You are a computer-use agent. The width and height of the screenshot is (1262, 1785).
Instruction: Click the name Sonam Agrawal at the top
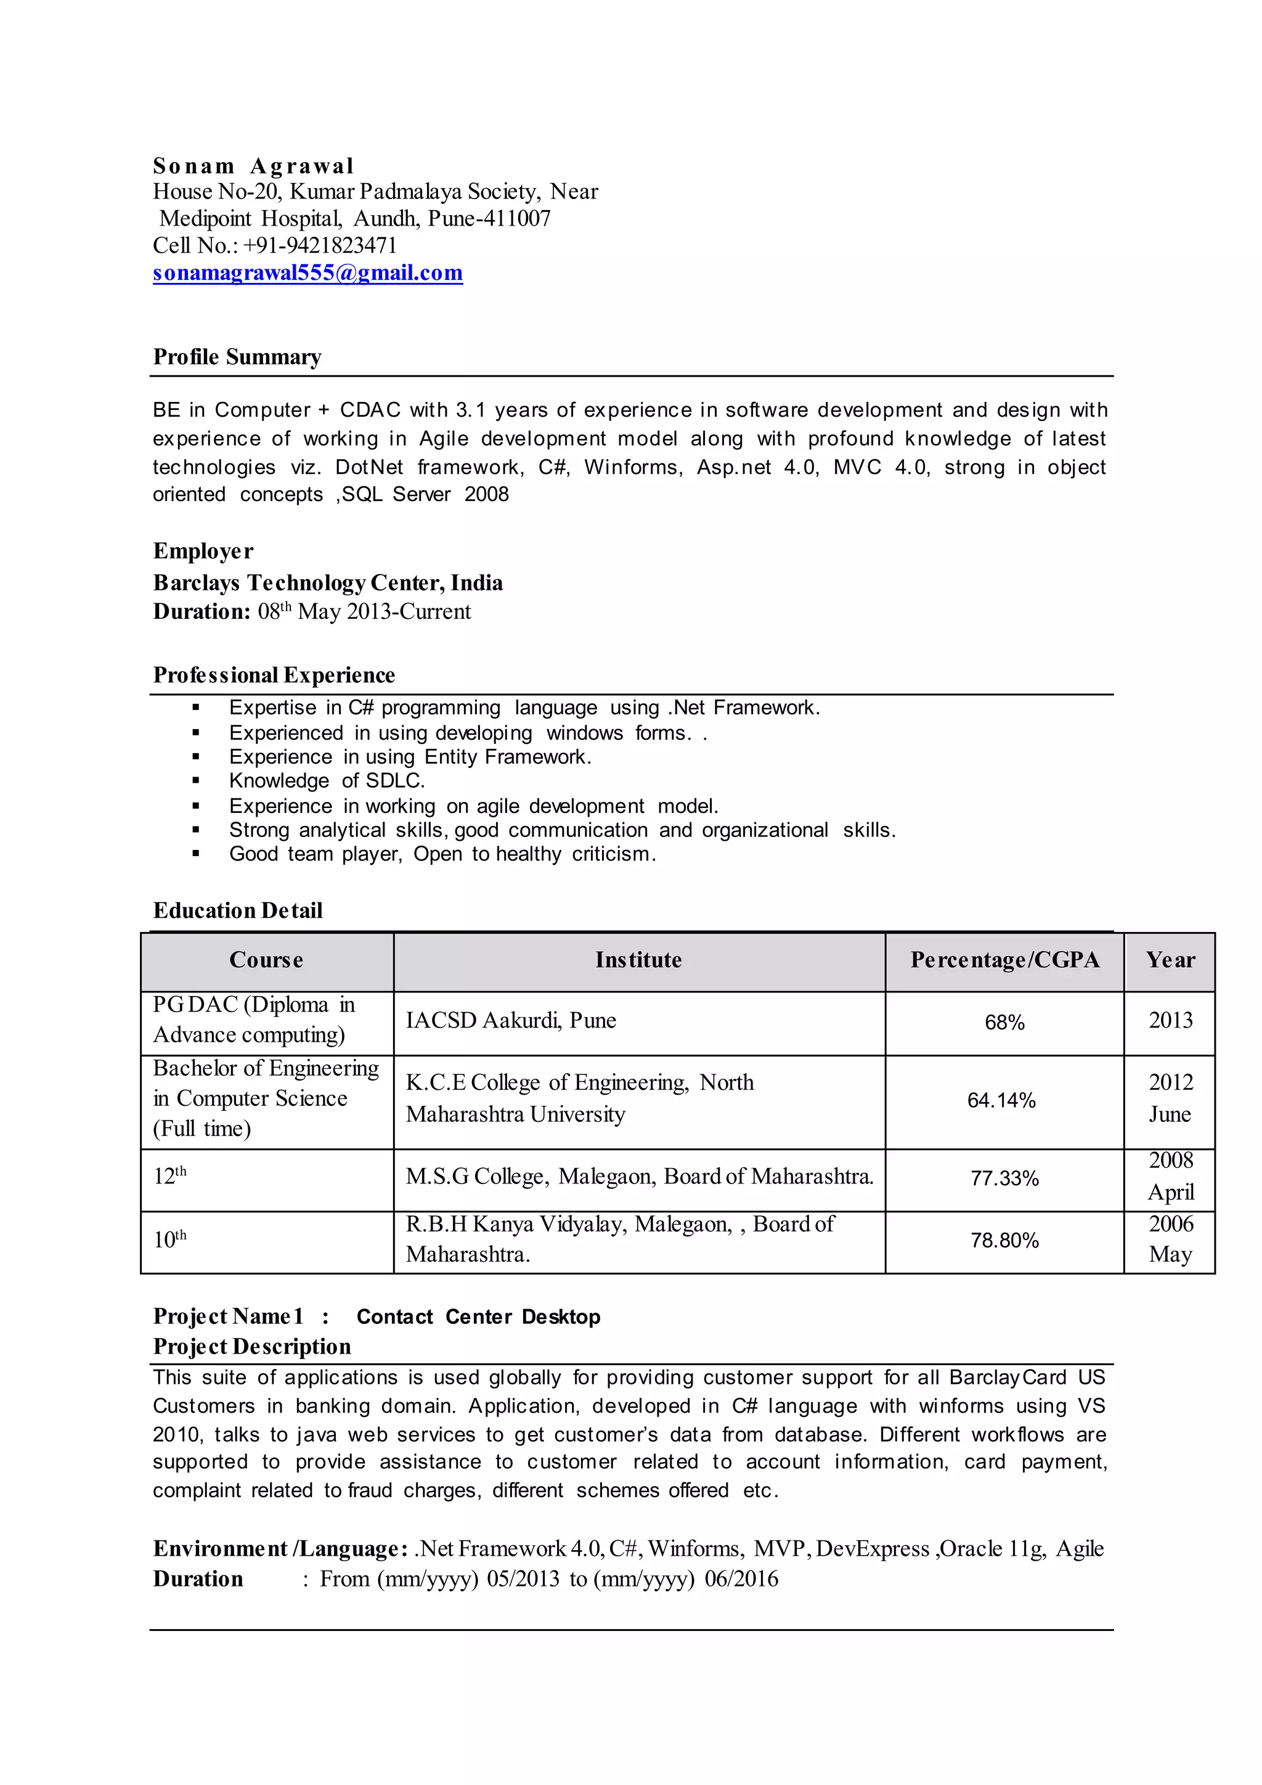(x=253, y=166)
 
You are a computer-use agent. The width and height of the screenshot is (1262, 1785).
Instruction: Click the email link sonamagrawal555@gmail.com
(x=307, y=273)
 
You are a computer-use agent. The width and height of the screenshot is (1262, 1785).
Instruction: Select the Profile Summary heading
(x=237, y=357)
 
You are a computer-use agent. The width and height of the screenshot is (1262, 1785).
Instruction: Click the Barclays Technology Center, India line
(x=327, y=582)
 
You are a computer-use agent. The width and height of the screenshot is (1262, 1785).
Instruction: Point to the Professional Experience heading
(x=274, y=675)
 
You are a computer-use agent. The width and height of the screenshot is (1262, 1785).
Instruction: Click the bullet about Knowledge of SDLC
(x=327, y=780)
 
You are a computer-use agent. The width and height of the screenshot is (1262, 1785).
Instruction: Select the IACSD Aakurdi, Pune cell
(x=511, y=1021)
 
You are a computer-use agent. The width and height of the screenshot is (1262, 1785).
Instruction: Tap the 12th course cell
(x=170, y=1176)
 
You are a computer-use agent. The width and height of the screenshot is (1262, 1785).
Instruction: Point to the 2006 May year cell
(x=1170, y=1240)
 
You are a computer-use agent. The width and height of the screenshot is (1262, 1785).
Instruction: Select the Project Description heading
(x=252, y=1347)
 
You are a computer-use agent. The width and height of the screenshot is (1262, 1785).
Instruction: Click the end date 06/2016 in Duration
(x=741, y=1579)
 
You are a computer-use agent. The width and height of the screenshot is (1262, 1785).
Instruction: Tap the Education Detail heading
(x=238, y=910)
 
